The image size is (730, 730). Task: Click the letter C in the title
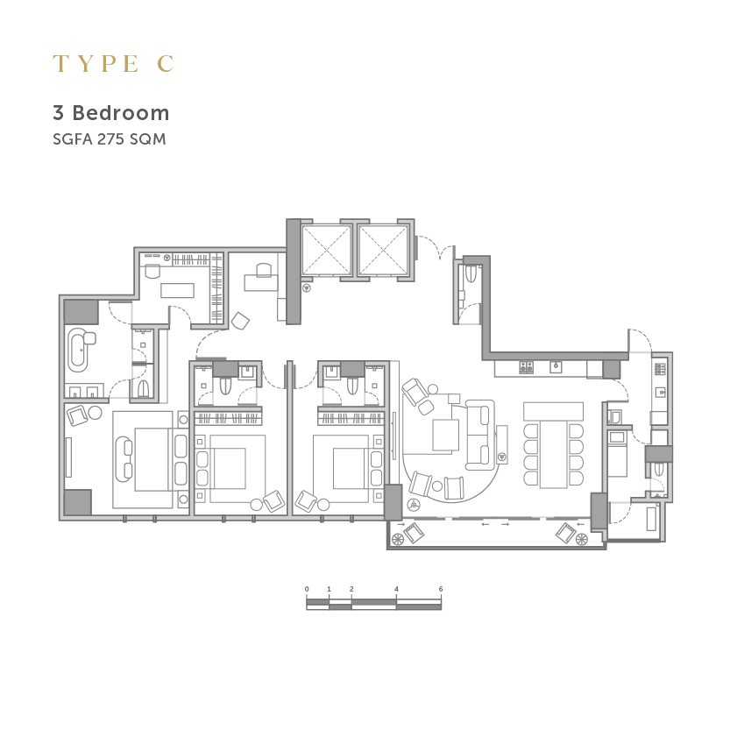[166, 63]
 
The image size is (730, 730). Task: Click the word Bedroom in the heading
[121, 113]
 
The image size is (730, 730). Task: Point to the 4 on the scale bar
[396, 589]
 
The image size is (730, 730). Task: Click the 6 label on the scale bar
[441, 589]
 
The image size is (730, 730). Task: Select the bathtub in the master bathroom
[78, 350]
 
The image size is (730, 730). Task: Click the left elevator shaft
[326, 250]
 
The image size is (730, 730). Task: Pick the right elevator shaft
[383, 250]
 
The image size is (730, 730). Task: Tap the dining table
[554, 454]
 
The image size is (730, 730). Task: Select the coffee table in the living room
[445, 435]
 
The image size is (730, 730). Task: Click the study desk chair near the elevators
[263, 270]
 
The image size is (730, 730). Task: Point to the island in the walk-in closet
[177, 290]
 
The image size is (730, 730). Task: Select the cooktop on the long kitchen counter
[527, 367]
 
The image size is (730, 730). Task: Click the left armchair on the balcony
[414, 533]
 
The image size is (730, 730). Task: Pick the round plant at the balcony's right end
[582, 539]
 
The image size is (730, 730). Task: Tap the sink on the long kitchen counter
[556, 367]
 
